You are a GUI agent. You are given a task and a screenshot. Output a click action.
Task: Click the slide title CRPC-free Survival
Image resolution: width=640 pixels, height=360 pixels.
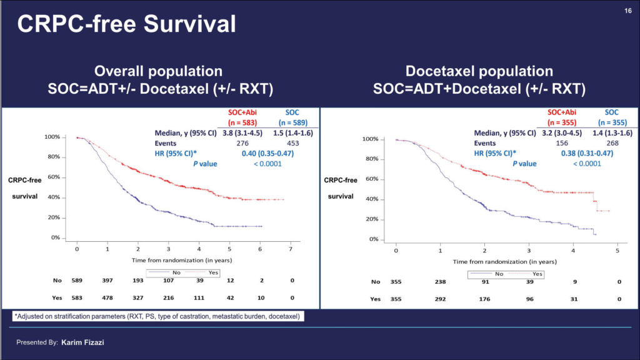(126, 24)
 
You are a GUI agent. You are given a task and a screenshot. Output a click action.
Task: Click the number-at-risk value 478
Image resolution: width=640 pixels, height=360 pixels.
(107, 299)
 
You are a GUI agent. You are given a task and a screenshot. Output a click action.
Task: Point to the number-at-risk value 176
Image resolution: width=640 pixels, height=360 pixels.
(484, 299)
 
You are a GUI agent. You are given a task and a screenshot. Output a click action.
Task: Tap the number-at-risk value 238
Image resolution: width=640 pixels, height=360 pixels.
(440, 282)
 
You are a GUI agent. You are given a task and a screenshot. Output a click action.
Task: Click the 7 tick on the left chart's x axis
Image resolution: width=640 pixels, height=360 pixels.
(291, 249)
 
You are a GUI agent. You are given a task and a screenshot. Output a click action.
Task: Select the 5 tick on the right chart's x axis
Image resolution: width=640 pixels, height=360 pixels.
(617, 251)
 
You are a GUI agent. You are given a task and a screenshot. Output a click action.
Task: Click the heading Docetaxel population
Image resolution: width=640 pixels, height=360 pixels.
(479, 71)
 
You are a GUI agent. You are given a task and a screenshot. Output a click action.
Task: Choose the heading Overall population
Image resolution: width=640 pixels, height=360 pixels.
(158, 71)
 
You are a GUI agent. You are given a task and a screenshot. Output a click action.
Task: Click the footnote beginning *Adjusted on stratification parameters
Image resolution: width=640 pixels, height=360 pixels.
(157, 317)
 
